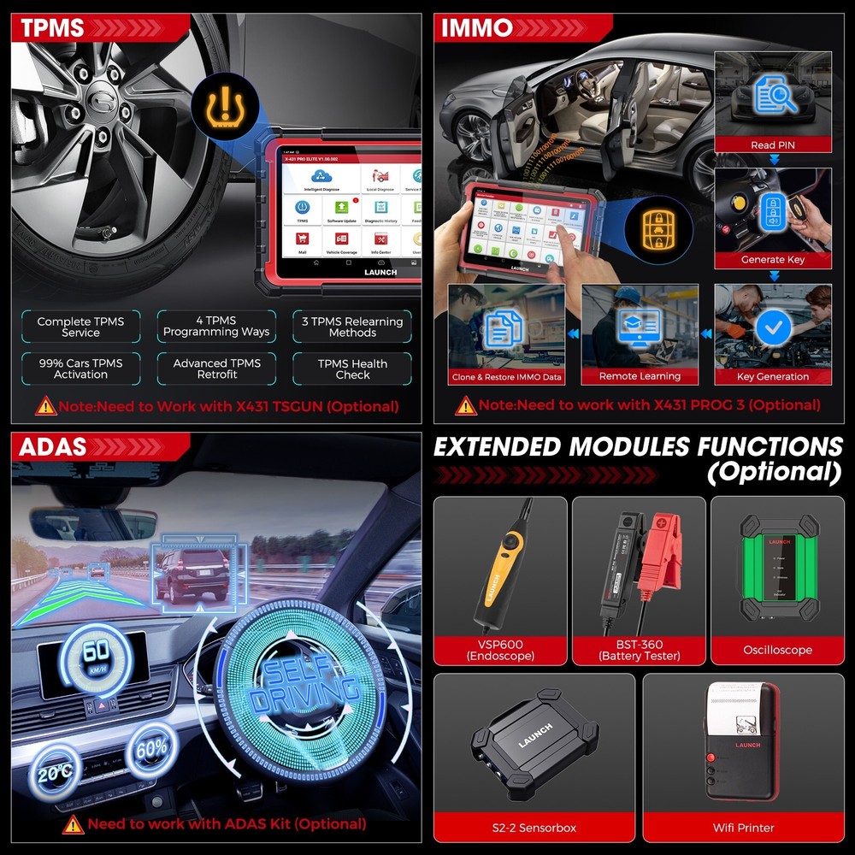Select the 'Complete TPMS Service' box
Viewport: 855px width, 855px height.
tap(80, 327)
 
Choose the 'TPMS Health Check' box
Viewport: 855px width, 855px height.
tap(352, 369)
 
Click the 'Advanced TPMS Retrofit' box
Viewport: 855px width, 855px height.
tap(216, 369)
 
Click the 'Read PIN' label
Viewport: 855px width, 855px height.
tap(772, 145)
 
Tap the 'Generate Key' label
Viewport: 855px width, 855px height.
tap(772, 260)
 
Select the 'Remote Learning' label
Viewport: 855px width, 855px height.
tap(640, 376)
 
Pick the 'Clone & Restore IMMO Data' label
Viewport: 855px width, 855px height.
tap(506, 377)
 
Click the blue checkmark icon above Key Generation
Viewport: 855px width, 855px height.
tap(773, 327)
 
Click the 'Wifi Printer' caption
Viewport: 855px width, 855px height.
tap(743, 828)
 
